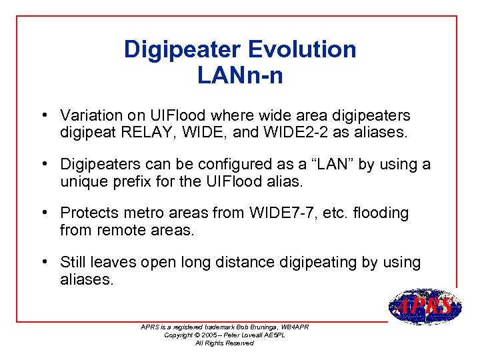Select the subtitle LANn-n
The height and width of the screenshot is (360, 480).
240,76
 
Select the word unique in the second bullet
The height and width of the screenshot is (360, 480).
81,181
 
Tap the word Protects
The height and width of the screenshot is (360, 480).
89,213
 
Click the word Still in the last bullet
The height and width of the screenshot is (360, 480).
74,262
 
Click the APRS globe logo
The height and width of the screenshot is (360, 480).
424,307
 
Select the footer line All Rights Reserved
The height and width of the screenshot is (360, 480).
224,343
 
